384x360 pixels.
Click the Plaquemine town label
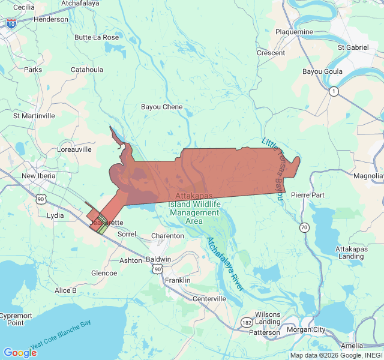point(294,32)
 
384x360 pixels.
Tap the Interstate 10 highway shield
point(11,23)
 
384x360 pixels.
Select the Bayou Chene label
point(161,107)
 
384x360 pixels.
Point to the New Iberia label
point(38,176)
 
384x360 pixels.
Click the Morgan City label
point(311,329)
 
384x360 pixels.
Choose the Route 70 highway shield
point(305,227)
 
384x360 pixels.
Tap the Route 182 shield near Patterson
point(247,322)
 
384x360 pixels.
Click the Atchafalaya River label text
point(225,264)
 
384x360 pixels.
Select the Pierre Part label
point(307,196)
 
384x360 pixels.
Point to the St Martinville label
point(34,115)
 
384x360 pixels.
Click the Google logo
point(20,353)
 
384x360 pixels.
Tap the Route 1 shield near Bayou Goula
point(334,91)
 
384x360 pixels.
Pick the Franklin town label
point(178,280)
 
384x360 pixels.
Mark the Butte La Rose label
point(97,37)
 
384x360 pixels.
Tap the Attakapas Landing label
point(350,253)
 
